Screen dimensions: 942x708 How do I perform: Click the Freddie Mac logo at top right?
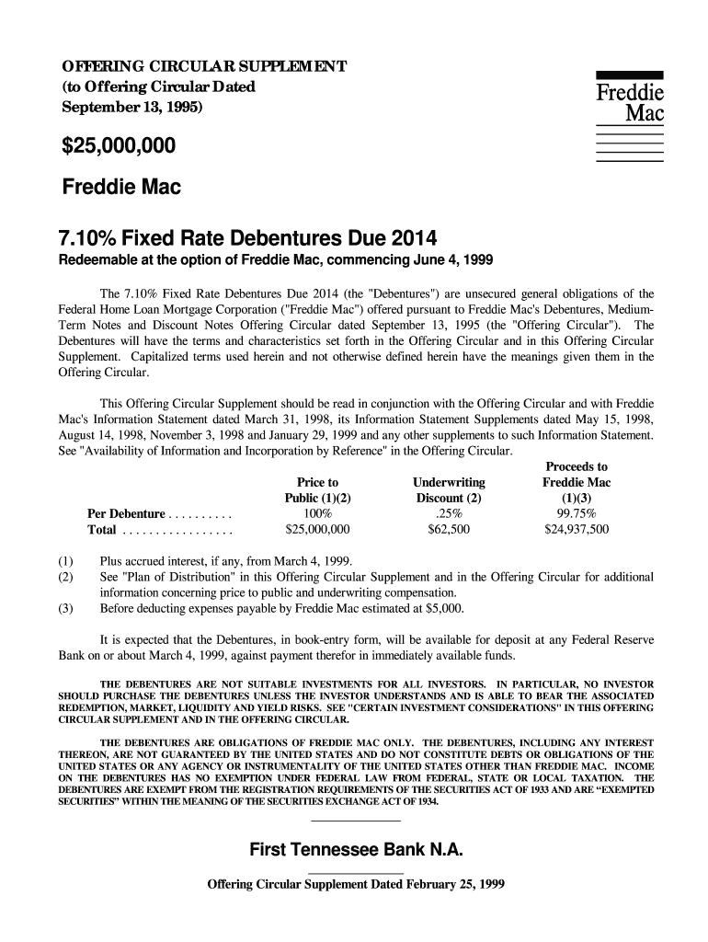click(630, 103)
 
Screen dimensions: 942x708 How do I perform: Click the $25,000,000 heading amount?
click(119, 146)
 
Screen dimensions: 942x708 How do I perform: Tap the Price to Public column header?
click(318, 491)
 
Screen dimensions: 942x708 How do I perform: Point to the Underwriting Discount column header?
click(449, 491)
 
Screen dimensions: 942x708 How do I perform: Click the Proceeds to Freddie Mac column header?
click(577, 483)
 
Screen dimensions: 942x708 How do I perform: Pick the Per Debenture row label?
click(126, 514)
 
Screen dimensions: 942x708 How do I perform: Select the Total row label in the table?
click(101, 531)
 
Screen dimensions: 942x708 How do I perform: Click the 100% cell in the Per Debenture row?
click(317, 514)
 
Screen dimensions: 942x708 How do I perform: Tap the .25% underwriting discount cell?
click(449, 514)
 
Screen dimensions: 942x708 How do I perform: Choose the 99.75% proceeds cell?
click(577, 514)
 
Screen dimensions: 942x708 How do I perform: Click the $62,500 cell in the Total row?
click(449, 531)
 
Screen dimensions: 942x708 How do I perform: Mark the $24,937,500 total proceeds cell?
click(577, 531)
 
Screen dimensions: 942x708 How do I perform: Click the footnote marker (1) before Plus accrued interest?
click(65, 561)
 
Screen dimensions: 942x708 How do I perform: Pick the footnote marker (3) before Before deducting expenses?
click(65, 608)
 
